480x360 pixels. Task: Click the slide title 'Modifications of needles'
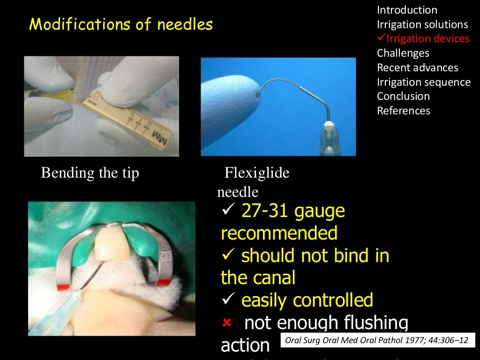121,24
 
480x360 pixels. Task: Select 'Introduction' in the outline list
407,10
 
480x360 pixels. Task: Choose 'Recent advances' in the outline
418,67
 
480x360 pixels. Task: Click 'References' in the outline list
404,111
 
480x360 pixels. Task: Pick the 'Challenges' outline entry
403,53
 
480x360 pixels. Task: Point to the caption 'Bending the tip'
90,173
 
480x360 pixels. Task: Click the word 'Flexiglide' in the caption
257,173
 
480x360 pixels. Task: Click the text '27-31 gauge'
293,211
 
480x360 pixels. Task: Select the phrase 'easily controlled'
307,300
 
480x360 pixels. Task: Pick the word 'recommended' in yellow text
279,233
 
